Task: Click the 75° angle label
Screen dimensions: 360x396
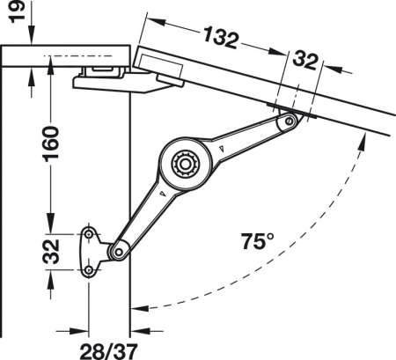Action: (x=257, y=239)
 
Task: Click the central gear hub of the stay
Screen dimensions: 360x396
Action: (x=185, y=164)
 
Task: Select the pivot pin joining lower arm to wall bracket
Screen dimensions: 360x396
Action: (x=116, y=253)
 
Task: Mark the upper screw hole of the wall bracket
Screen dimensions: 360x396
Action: (x=91, y=234)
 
